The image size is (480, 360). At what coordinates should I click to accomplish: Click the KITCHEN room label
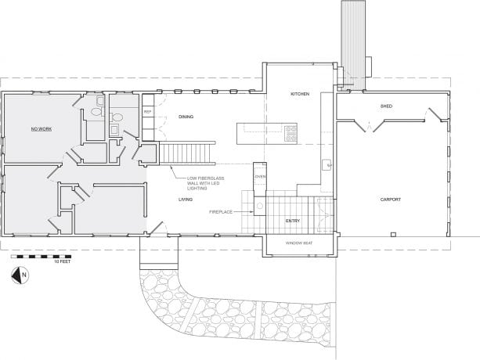pyautogui.click(x=300, y=94)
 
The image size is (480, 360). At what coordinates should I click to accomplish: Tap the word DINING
pyautogui.click(x=186, y=117)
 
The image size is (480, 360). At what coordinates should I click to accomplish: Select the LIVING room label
pyautogui.click(x=186, y=200)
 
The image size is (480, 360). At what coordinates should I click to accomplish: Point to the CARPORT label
pyautogui.click(x=391, y=200)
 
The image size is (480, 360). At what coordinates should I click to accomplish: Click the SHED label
pyautogui.click(x=386, y=105)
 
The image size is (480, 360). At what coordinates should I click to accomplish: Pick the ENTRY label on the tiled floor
pyautogui.click(x=292, y=221)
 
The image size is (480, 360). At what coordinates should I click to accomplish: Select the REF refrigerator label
pyautogui.click(x=147, y=112)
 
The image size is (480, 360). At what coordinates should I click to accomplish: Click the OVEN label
pyautogui.click(x=261, y=176)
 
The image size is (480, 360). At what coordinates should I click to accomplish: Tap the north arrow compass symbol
pyautogui.click(x=19, y=274)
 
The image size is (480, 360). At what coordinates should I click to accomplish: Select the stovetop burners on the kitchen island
pyautogui.click(x=291, y=133)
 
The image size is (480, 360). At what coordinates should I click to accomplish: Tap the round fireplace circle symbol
pyautogui.click(x=259, y=207)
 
